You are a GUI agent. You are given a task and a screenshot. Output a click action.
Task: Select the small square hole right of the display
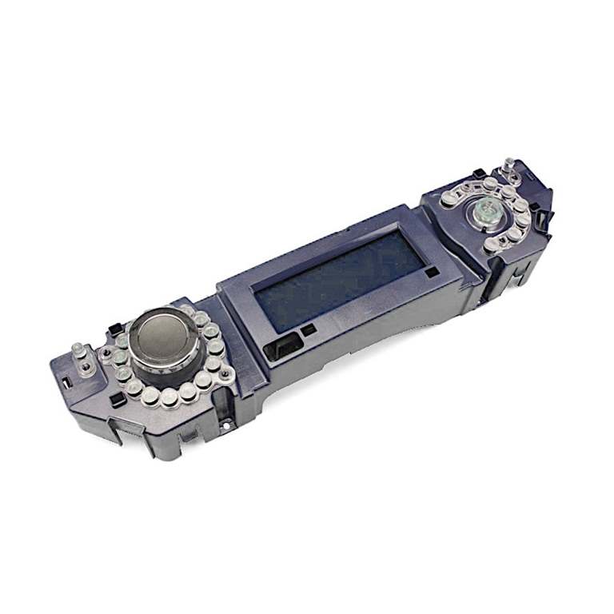click(433, 272)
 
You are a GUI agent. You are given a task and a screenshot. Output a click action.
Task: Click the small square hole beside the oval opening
click(309, 329)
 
